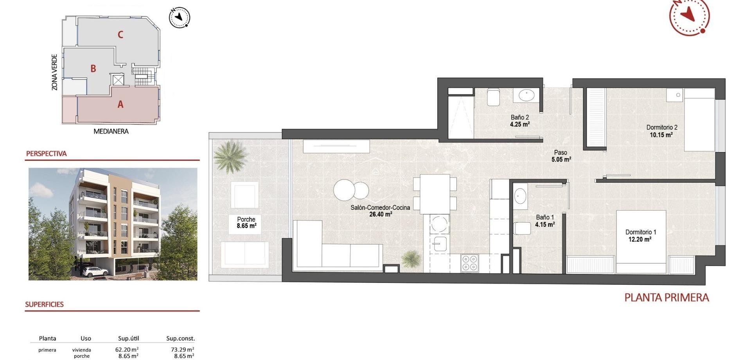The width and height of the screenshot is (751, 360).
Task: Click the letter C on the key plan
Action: [120, 35]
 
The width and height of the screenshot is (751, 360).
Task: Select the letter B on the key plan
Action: [93, 69]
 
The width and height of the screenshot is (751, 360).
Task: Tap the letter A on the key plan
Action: [120, 104]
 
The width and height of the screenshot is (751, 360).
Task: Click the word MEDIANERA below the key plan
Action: [111, 131]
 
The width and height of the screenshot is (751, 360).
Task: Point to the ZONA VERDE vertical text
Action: [55, 72]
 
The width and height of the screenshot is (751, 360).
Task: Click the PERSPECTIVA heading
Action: [46, 154]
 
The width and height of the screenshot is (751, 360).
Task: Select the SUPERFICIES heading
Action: [44, 304]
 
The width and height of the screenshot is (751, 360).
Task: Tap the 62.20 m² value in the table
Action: [129, 350]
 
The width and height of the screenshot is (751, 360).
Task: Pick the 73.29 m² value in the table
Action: [184, 350]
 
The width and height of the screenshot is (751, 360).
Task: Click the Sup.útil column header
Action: [128, 338]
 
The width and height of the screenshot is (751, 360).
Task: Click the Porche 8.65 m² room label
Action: [246, 223]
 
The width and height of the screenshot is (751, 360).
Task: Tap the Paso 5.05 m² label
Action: [561, 156]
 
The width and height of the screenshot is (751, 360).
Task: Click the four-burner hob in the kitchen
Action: [469, 263]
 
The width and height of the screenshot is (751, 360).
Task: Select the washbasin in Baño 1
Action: [520, 196]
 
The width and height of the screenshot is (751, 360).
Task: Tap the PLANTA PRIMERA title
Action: [667, 298]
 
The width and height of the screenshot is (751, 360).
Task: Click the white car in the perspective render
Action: [95, 272]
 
